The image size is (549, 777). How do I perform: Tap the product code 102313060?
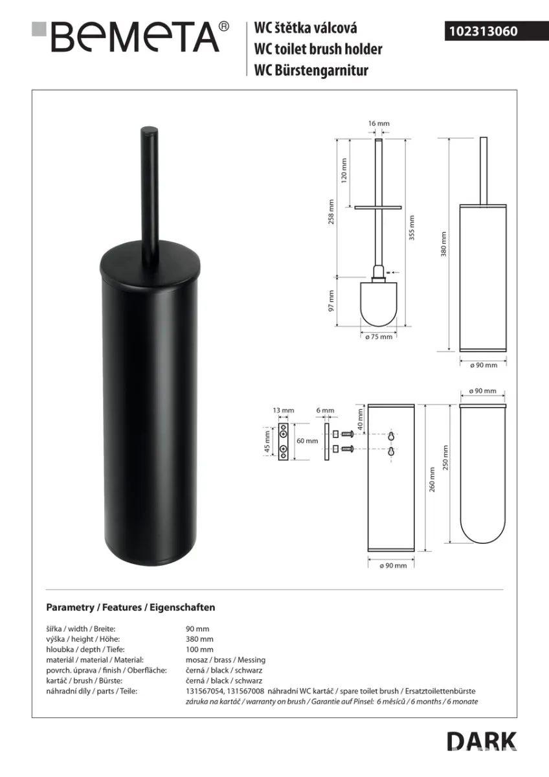click(484, 31)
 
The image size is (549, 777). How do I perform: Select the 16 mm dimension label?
click(379, 124)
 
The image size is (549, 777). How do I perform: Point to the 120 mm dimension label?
click(344, 171)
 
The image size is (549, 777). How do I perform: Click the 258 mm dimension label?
click(331, 212)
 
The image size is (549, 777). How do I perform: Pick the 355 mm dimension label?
click(412, 228)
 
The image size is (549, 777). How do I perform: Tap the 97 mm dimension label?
click(331, 300)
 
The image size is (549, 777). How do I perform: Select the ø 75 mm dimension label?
click(379, 337)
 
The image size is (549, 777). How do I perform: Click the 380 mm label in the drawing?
click(443, 244)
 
